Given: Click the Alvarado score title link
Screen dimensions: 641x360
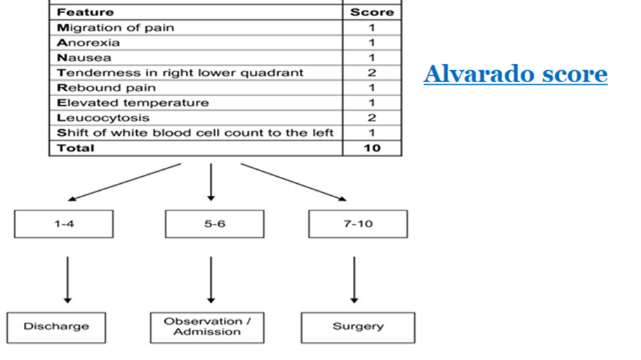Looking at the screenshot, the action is tap(515, 74).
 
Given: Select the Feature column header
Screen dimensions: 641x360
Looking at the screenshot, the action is tap(85, 12).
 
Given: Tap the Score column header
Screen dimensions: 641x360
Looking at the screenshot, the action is tap(372, 12).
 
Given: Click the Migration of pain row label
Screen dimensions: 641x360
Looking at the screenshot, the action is tap(115, 28).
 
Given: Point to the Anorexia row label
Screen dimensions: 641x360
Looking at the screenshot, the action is tap(88, 43).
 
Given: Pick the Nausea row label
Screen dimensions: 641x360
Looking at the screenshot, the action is tap(84, 58).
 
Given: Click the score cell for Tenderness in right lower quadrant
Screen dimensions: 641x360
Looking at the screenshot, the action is tap(371, 73).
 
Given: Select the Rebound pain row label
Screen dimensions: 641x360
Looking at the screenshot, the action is tap(106, 88).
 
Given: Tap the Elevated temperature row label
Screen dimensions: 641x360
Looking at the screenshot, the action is tap(133, 102).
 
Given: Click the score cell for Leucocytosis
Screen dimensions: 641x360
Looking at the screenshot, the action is tap(371, 118).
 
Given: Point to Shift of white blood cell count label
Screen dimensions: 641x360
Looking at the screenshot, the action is tap(195, 133).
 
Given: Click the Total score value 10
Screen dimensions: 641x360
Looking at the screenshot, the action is tap(372, 148).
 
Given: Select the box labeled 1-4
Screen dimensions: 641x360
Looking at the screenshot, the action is tap(64, 224).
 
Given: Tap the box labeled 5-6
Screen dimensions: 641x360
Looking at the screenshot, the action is tap(215, 224).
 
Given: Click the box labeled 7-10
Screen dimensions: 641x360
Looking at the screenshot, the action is tap(358, 224).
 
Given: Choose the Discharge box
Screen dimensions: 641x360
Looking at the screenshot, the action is tap(56, 328).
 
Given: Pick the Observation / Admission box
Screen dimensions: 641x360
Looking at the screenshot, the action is tap(207, 328).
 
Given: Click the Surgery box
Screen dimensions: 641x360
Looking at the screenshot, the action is tap(358, 328).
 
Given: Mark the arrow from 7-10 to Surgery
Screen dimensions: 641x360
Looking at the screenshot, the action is tap(355, 280).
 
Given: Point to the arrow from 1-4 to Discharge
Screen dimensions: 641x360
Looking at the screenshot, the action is tap(68, 280).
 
